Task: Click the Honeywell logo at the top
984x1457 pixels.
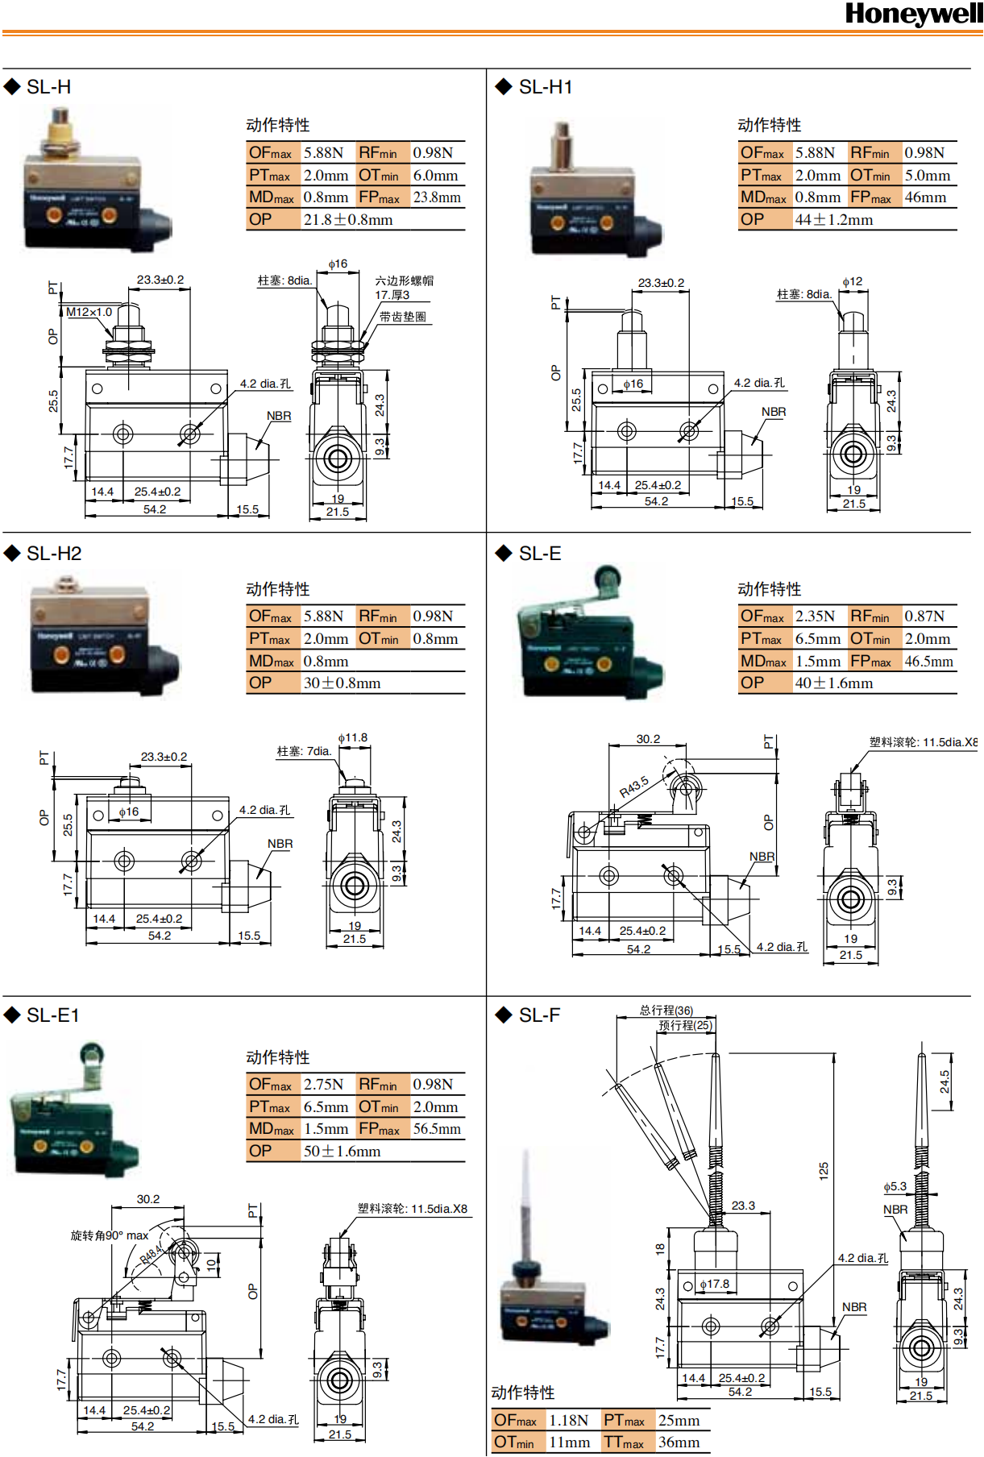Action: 913,14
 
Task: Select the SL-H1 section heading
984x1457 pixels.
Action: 545,87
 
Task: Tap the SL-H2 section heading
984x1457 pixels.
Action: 54,554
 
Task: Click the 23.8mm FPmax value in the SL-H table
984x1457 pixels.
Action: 437,197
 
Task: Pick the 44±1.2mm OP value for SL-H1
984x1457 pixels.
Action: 833,220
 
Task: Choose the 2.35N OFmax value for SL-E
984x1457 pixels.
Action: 815,616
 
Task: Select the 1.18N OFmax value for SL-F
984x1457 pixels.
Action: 569,1421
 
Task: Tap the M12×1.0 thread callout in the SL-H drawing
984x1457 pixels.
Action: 89,312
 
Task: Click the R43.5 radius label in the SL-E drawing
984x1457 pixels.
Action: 633,787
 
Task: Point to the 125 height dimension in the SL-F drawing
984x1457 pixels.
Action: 824,1171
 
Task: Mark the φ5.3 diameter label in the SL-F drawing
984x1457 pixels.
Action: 895,1187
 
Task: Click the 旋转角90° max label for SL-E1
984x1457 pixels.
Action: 110,1235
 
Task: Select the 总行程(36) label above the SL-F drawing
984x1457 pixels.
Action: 666,1011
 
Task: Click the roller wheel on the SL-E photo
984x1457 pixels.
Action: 607,578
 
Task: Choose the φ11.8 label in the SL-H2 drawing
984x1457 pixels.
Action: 353,737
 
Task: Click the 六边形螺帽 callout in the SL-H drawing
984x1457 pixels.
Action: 405,280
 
